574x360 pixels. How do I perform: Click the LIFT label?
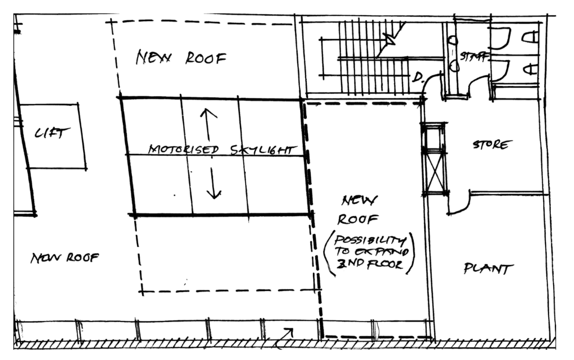[x=53, y=133]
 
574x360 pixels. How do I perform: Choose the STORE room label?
[x=492, y=145]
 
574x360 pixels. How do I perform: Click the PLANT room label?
[x=488, y=270]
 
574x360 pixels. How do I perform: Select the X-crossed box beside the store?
[x=435, y=172]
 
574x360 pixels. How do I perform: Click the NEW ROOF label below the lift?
[x=65, y=258]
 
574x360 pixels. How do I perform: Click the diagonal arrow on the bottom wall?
[x=287, y=333]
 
